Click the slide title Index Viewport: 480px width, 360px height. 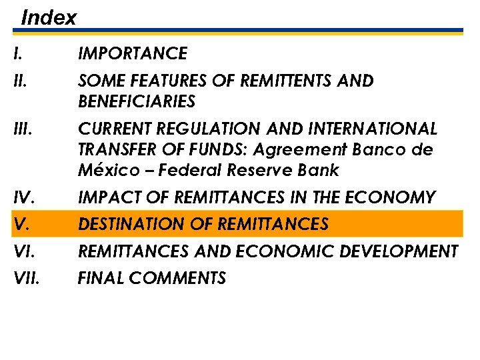click(x=49, y=17)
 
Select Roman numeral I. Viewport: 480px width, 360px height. click(x=16, y=53)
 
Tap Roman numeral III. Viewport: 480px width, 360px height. click(x=22, y=129)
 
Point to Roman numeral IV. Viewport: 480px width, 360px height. click(x=23, y=198)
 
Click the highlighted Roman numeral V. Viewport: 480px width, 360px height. click(x=21, y=225)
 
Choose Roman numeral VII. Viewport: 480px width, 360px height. click(x=27, y=278)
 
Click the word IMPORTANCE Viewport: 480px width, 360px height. click(x=133, y=53)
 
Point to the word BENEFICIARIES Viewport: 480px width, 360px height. click(x=137, y=102)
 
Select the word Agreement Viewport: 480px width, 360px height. click(x=343, y=149)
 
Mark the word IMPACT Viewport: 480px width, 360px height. click(x=107, y=198)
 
